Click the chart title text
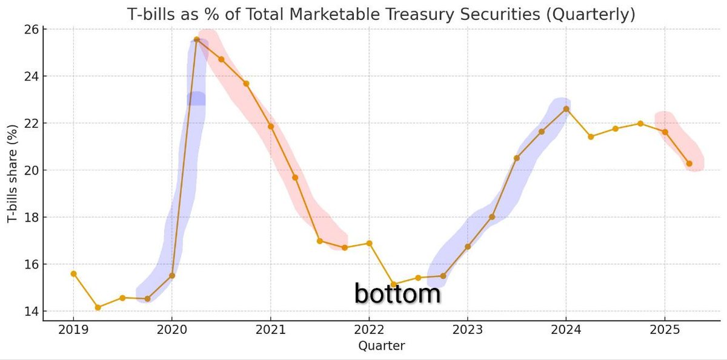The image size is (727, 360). [381, 15]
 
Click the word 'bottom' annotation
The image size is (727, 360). [397, 294]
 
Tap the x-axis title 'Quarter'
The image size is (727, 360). [381, 346]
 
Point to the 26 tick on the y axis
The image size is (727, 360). [31, 30]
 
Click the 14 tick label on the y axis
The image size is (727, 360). [31, 312]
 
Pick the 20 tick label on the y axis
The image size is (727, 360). [31, 170]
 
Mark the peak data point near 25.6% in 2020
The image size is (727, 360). [196, 39]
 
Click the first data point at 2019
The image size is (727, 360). [73, 273]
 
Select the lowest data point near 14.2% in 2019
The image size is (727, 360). [98, 307]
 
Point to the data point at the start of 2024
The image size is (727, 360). [566, 108]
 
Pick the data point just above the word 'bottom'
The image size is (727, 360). [393, 284]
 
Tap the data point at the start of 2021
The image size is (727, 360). [270, 126]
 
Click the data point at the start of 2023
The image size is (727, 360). [467, 246]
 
